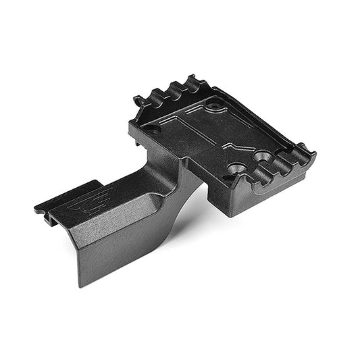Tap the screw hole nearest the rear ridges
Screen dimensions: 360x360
[x=215, y=106]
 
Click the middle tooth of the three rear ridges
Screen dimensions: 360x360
[x=178, y=88]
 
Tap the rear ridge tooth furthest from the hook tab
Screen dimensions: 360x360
[x=195, y=82]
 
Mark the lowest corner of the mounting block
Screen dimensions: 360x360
[x=233, y=215]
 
